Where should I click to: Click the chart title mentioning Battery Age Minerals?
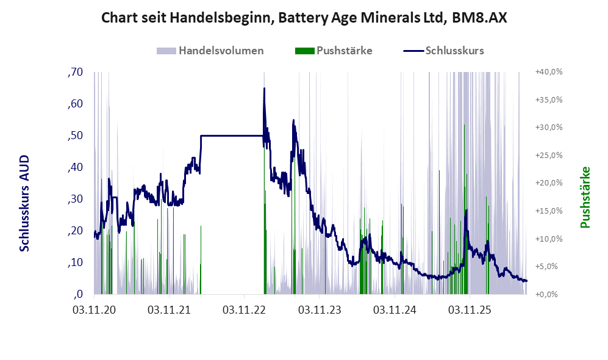[x=304, y=18]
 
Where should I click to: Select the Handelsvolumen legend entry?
[x=210, y=51]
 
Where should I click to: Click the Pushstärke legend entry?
[x=334, y=51]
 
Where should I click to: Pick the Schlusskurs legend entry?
[x=443, y=51]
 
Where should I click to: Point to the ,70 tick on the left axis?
[x=75, y=72]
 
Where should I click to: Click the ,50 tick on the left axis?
[x=75, y=136]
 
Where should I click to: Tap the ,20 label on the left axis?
[x=75, y=231]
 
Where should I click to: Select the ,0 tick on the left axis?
[x=78, y=294]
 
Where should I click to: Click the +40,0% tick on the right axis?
[x=549, y=72]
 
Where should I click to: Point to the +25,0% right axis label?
[x=549, y=155]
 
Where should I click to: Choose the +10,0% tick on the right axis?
[x=549, y=239]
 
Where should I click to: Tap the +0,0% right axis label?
[x=547, y=295]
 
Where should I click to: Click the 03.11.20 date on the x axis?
[x=95, y=310]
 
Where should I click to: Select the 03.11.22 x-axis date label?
[x=245, y=310]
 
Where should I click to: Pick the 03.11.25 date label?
[x=470, y=310]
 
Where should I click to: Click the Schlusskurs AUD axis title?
[x=24, y=203]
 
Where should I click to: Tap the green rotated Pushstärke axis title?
[x=585, y=197]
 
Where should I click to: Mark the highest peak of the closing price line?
[x=264, y=88]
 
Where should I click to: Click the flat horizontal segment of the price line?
[x=232, y=136]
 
